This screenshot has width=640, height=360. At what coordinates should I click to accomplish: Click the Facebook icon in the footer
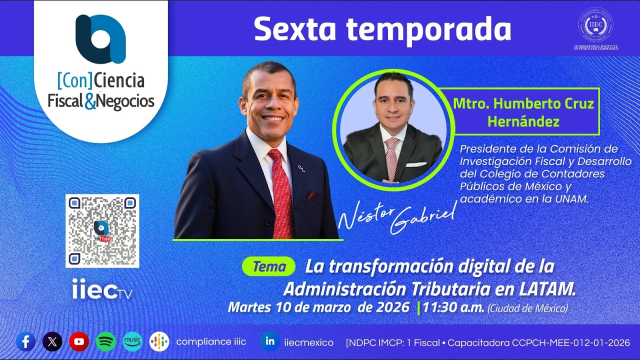[25, 342]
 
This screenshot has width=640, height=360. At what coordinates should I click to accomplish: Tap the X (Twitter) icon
[52, 342]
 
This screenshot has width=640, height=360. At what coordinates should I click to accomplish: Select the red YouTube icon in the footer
[79, 342]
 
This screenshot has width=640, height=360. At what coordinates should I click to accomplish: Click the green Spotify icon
[106, 342]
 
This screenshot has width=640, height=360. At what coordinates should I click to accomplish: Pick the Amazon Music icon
[132, 342]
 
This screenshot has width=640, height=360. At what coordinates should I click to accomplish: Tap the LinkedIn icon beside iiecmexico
[270, 342]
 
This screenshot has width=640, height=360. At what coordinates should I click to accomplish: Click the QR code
[102, 230]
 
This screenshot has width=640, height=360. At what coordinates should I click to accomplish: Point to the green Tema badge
[268, 266]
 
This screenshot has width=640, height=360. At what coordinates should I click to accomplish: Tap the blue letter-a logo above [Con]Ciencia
[100, 39]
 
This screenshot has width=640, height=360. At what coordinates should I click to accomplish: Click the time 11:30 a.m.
[453, 307]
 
